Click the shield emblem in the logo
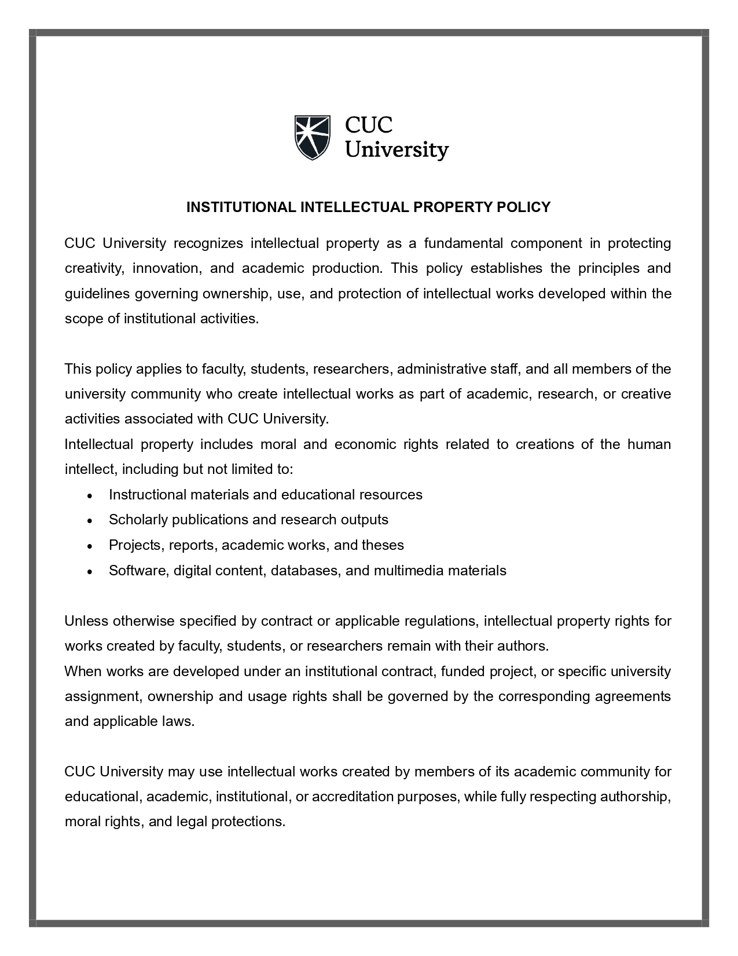(312, 137)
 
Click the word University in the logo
(396, 151)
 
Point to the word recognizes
(208, 243)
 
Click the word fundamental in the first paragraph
(464, 243)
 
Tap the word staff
(504, 369)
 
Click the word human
(649, 444)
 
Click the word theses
(383, 545)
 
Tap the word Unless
(86, 621)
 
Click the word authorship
(635, 797)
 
